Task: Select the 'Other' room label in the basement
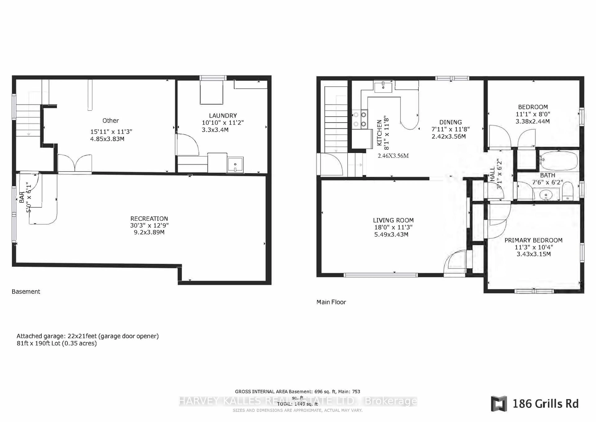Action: coord(111,121)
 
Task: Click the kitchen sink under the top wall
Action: coord(383,86)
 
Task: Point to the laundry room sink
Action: coord(235,165)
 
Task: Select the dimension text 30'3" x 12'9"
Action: coord(149,225)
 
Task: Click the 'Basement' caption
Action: coord(26,291)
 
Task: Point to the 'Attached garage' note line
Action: coord(88,336)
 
